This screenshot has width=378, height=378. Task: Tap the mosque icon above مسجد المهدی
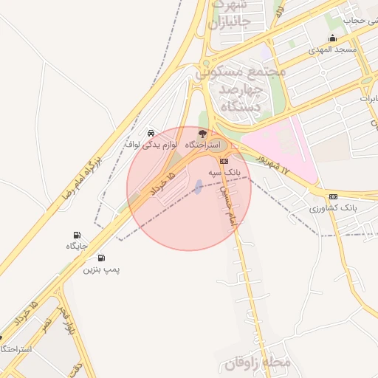click(332, 38)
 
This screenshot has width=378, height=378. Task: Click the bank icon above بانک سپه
click(224, 160)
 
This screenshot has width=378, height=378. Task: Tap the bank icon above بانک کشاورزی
click(333, 197)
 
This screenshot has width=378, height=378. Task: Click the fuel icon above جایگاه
click(78, 235)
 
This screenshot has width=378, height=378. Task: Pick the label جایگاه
click(78, 246)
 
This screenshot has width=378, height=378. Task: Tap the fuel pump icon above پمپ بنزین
click(101, 258)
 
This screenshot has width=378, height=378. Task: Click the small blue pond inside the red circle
click(198, 186)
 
